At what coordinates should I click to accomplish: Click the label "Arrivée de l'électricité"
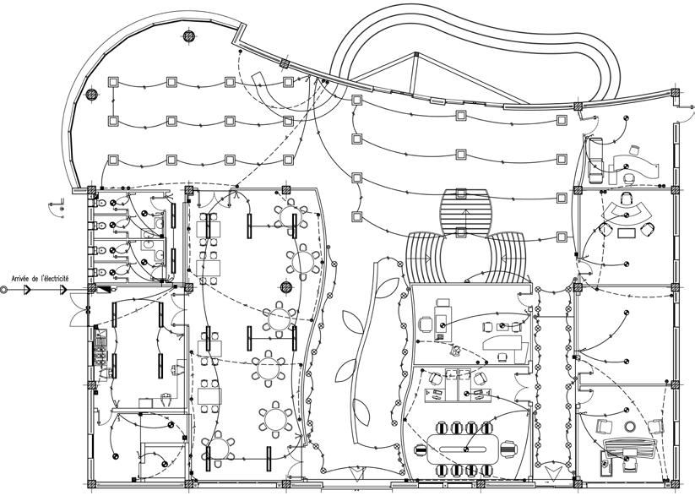pos(40,278)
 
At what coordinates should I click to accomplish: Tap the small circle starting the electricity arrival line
pos(4,289)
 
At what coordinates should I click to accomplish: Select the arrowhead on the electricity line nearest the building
pos(64,289)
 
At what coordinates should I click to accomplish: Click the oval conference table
pos(465,447)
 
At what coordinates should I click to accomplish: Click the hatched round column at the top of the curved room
pos(189,35)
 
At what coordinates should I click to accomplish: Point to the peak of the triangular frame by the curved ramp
pos(413,54)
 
